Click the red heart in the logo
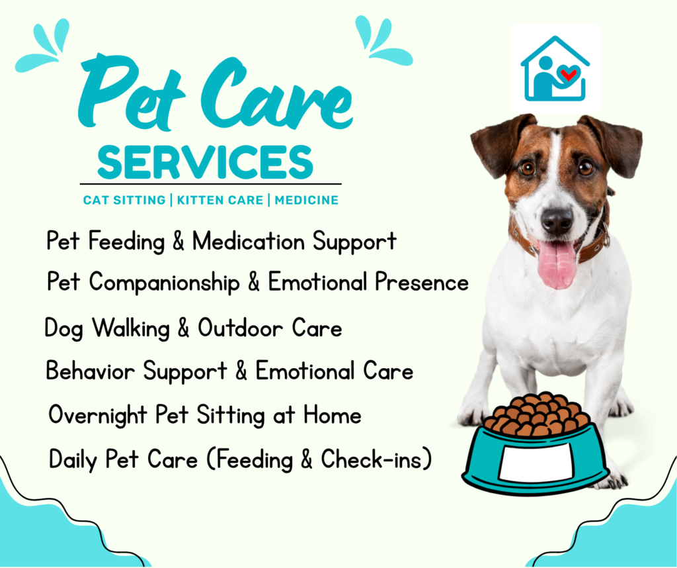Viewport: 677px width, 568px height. [568, 73]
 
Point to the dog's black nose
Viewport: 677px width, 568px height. [557, 219]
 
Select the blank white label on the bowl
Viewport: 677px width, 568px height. [535, 461]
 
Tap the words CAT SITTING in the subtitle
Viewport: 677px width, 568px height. [124, 200]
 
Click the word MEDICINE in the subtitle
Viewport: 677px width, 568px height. [307, 200]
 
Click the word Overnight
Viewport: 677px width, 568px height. [99, 416]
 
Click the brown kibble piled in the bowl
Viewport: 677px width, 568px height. [536, 416]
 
